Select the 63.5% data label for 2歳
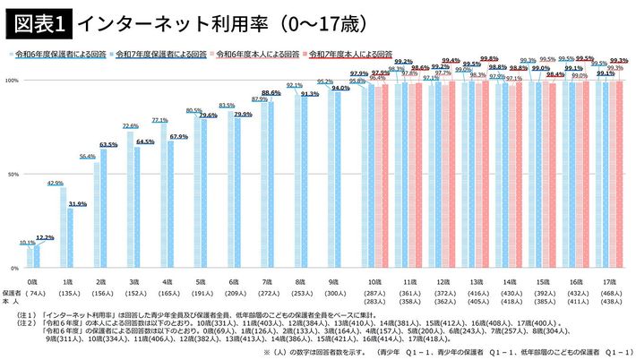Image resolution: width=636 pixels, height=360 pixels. coord(108,145)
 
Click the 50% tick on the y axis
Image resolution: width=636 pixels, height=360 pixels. coord(13,175)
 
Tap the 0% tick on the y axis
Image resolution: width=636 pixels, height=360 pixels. coord(14,268)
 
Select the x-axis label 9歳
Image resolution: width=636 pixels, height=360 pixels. coord(333,280)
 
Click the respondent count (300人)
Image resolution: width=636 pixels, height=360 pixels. coord(333,293)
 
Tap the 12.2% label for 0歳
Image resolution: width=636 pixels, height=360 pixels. coord(45,238)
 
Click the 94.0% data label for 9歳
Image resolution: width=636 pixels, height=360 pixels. coord(341,89)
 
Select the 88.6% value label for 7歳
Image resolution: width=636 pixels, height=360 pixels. coord(272,93)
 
